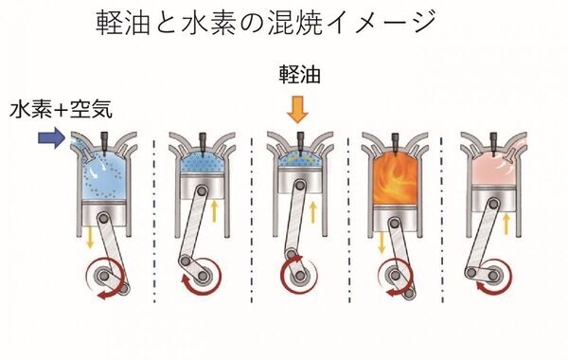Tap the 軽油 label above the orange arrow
[298, 77]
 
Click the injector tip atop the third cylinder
[299, 140]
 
